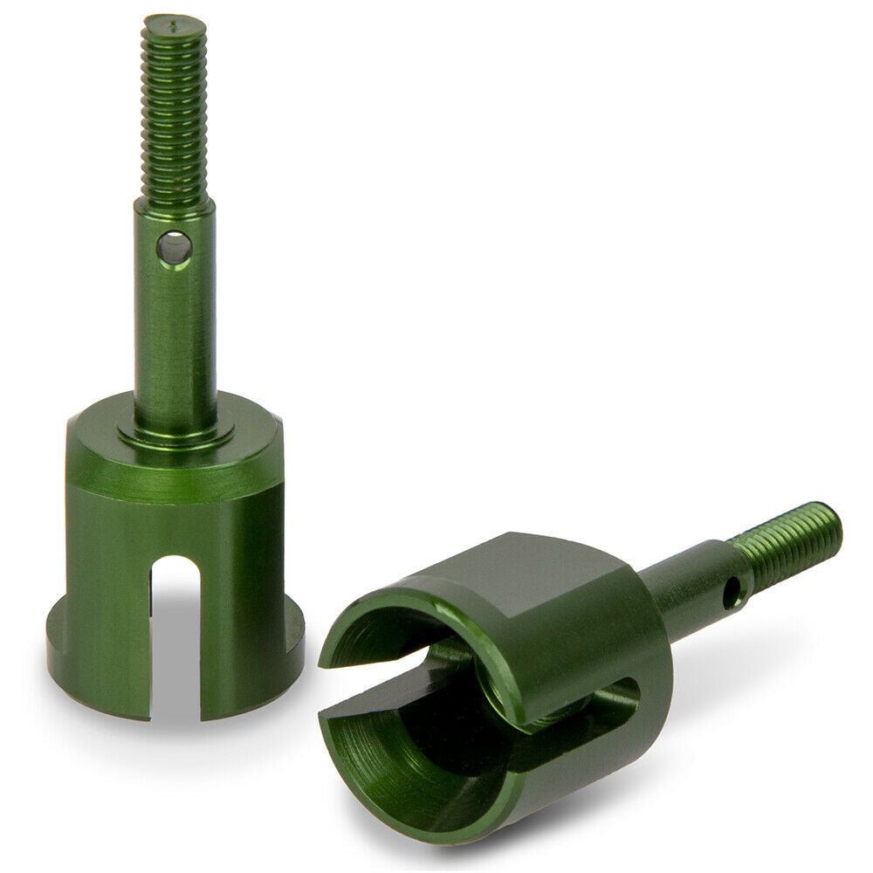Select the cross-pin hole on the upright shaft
175,248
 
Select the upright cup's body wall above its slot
175,524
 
